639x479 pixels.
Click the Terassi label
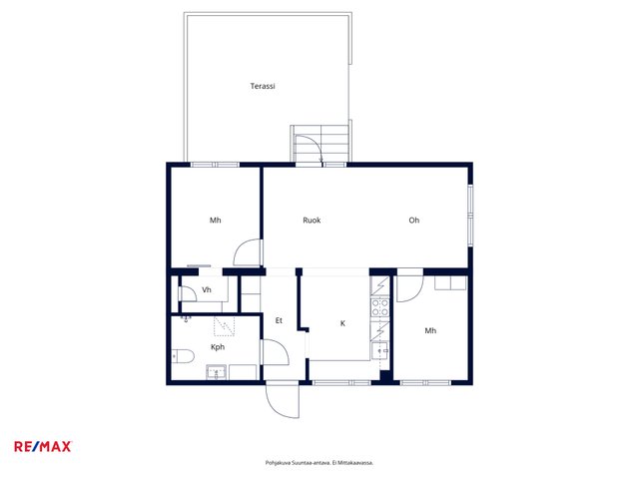(263, 86)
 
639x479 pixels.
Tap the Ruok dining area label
(312, 221)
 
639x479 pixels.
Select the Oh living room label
(414, 221)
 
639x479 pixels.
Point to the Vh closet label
(207, 290)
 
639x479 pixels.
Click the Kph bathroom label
(218, 347)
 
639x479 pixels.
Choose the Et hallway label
(279, 321)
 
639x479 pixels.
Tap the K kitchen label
(342, 323)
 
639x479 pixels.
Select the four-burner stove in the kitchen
(379, 307)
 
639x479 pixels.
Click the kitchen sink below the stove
(379, 350)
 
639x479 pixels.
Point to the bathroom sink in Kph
(217, 372)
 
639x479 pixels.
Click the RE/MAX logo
(43, 447)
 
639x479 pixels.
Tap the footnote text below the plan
(319, 463)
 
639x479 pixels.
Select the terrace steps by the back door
(320, 144)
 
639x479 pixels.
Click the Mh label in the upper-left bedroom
(216, 221)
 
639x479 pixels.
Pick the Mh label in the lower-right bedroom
(430, 330)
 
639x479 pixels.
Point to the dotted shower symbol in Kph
(225, 326)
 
